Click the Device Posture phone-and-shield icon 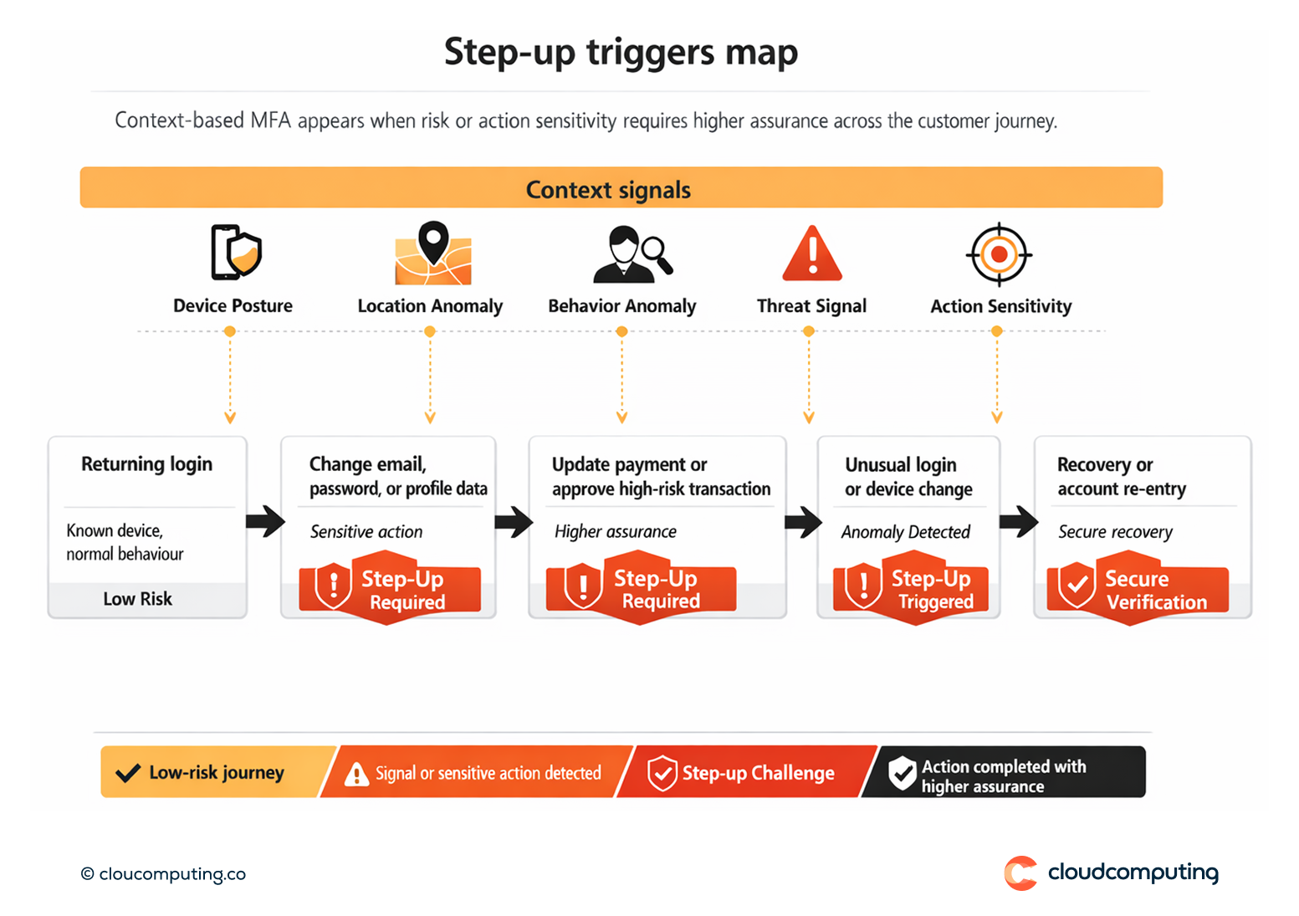click(235, 252)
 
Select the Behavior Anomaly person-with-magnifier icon click(632, 253)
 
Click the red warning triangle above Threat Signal click(811, 253)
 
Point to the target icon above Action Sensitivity click(999, 254)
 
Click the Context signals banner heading click(608, 190)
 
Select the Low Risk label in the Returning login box click(138, 599)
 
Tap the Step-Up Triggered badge click(911, 589)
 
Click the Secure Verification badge click(1138, 589)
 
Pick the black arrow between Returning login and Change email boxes click(265, 521)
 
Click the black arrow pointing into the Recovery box click(1018, 521)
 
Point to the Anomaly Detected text click(905, 532)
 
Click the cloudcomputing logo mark click(1020, 873)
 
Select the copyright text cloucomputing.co click(164, 874)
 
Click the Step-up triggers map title click(621, 52)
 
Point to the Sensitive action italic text click(366, 532)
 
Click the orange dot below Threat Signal click(808, 331)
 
